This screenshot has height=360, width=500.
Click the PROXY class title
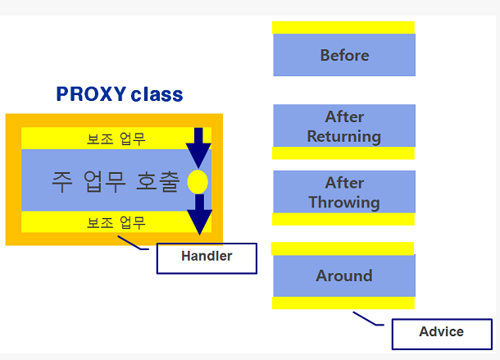(x=120, y=94)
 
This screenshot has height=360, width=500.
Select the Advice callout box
(x=441, y=333)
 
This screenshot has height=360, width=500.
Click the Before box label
(x=344, y=56)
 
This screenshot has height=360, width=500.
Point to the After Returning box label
(x=344, y=126)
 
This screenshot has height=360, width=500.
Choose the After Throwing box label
(x=344, y=192)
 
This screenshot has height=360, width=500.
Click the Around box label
(x=344, y=276)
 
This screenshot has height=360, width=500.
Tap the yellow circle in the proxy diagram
(x=198, y=181)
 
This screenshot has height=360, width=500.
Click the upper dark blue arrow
(x=198, y=148)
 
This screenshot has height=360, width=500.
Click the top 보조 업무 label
(x=116, y=139)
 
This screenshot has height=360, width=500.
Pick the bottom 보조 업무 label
(x=116, y=222)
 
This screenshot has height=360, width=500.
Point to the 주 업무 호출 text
(x=115, y=181)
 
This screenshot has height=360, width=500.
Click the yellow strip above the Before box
(x=344, y=28)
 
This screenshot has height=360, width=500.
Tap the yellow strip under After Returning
(x=344, y=153)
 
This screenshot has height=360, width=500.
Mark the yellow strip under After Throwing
(x=344, y=219)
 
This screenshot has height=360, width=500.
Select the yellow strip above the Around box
(x=344, y=248)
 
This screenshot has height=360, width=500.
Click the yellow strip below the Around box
(x=344, y=303)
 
